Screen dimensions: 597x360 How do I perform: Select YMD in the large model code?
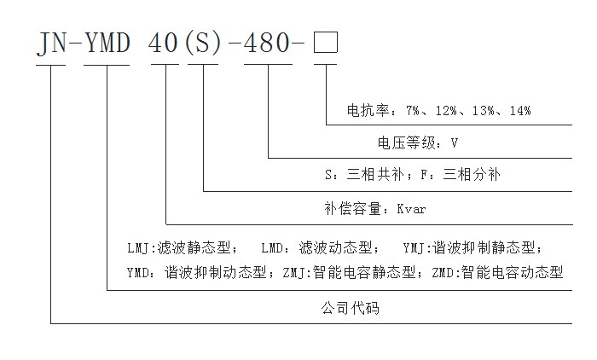[107, 43]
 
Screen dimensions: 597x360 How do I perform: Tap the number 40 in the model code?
[164, 43]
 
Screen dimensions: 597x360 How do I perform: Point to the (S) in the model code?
[203, 43]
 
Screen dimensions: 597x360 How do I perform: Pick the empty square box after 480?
[326, 43]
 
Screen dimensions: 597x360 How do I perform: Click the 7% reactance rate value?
[412, 111]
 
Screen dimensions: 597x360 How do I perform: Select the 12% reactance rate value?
[446, 111]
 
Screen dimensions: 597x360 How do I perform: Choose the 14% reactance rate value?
[520, 111]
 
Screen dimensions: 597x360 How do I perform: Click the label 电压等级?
[407, 143]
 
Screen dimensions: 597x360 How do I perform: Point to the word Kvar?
[411, 209]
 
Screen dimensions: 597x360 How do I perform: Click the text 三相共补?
[375, 175]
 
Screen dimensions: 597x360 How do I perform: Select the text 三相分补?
[472, 175]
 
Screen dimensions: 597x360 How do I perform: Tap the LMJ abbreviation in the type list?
[138, 248]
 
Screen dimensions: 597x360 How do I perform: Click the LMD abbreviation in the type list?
[272, 248]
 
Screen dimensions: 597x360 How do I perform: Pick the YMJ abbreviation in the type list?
[414, 248]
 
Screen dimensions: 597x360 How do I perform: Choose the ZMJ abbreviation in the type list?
[293, 273]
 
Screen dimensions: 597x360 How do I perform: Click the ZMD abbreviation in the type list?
[443, 273]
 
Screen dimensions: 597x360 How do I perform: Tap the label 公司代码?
[351, 308]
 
